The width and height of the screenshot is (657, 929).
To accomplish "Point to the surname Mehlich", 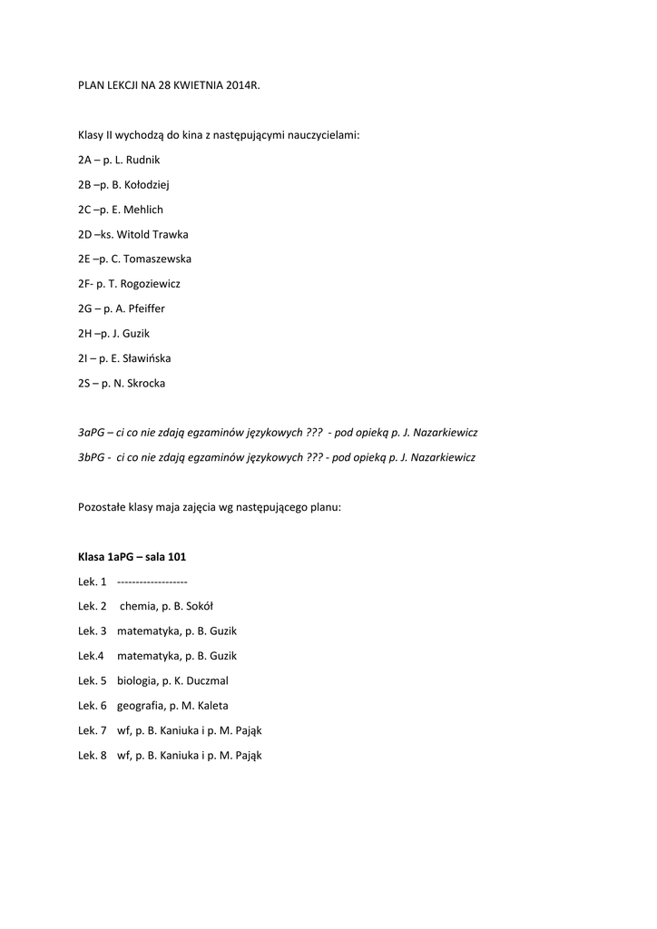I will coord(143,210).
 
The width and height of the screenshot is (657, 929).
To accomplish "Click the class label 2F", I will coord(84,284).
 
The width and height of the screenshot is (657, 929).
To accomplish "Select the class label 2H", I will coord(85,334).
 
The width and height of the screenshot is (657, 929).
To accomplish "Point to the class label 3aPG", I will coord(92,433).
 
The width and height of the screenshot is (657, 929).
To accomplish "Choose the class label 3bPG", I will coord(92,457).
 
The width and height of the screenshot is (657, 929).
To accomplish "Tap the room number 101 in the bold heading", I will coord(176,556).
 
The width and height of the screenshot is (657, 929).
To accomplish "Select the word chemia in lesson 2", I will coord(136,606).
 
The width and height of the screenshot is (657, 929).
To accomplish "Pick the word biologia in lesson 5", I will coord(137,680).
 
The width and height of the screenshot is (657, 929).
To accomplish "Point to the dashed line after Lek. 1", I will coord(152,582).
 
